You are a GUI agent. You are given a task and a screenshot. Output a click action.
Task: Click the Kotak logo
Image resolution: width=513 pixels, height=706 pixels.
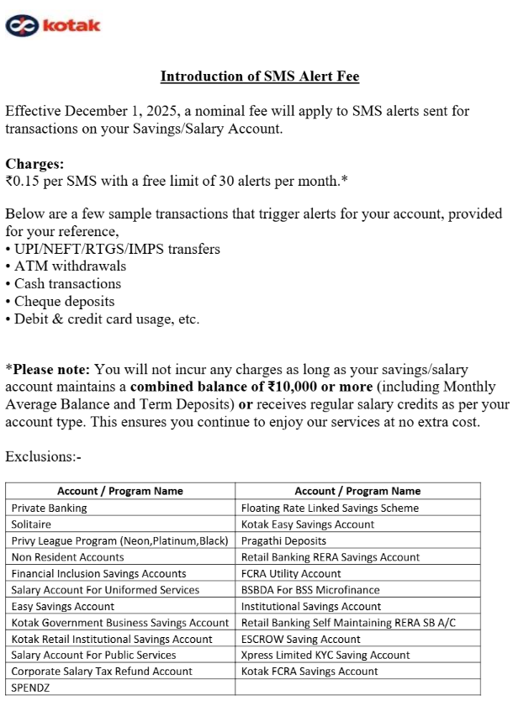pyautogui.click(x=53, y=25)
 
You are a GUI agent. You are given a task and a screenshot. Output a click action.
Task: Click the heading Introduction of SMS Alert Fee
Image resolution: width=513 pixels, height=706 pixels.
pyautogui.click(x=260, y=76)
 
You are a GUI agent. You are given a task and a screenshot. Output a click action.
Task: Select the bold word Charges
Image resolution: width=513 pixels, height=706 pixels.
pyautogui.click(x=34, y=163)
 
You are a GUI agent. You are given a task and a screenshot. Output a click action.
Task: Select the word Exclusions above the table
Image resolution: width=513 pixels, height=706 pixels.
pyautogui.click(x=43, y=456)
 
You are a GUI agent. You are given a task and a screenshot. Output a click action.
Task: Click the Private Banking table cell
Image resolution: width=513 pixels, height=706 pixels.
pyautogui.click(x=49, y=508)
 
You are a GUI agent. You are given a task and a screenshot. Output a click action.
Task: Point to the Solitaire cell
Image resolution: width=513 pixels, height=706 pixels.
pyautogui.click(x=31, y=524)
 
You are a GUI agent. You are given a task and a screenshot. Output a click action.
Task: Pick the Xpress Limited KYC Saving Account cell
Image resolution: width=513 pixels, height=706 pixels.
pyautogui.click(x=325, y=655)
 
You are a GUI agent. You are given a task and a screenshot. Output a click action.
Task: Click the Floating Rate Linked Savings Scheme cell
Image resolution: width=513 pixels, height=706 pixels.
pyautogui.click(x=330, y=508)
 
